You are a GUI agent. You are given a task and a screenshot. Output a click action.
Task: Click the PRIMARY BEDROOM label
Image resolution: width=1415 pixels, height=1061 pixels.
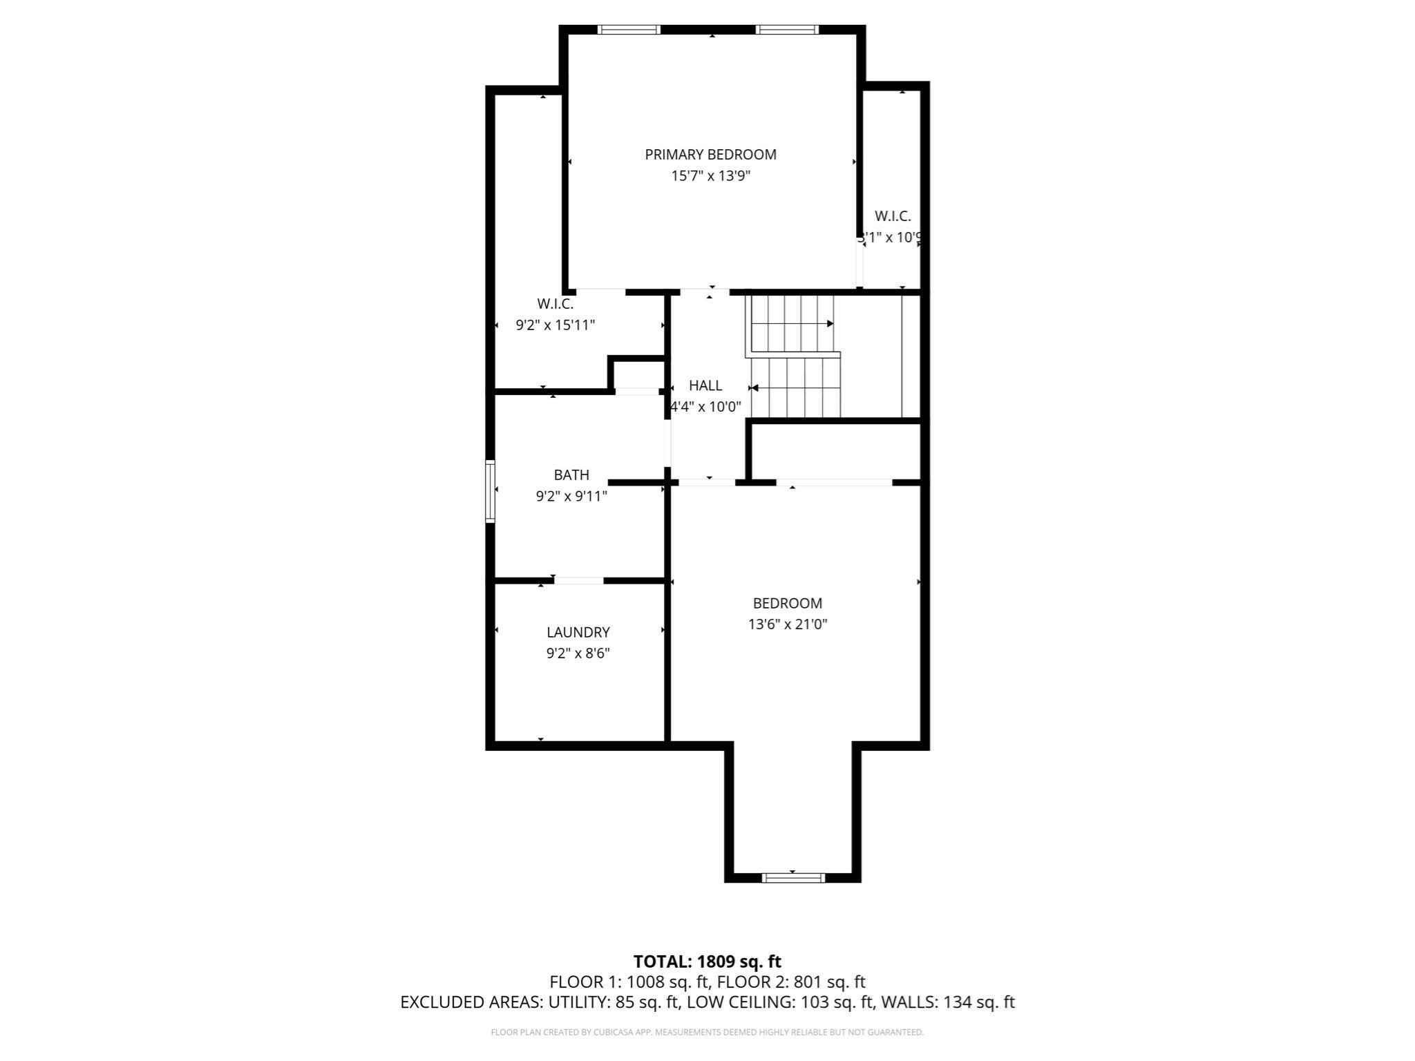[710, 155]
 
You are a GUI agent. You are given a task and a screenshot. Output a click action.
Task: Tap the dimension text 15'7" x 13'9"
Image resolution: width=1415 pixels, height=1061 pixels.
[710, 176]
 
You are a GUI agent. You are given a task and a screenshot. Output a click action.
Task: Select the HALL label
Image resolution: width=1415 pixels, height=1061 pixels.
[705, 385]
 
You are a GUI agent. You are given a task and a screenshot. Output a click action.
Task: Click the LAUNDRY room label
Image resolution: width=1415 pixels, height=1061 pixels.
[578, 632]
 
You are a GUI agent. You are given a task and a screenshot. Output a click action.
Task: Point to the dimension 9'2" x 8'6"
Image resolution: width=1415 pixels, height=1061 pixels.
[578, 653]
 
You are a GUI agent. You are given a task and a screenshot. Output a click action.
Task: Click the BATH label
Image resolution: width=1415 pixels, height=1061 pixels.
[571, 475]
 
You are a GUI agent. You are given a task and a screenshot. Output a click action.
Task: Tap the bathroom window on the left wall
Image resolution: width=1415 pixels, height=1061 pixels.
[491, 491]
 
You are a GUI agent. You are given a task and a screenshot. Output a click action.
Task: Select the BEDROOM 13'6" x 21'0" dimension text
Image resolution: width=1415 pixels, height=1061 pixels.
[788, 624]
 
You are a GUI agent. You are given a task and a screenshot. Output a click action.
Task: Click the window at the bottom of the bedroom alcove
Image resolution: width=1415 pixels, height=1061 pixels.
[793, 878]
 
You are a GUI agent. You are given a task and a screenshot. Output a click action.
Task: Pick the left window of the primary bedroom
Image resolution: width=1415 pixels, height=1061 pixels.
[629, 30]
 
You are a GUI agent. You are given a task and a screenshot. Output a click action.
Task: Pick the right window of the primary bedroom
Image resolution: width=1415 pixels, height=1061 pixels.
[787, 30]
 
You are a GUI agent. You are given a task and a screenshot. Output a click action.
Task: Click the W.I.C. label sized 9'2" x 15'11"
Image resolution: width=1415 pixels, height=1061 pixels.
[555, 304]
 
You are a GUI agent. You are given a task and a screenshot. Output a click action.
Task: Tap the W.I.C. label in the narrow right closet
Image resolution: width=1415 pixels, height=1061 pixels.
[893, 216]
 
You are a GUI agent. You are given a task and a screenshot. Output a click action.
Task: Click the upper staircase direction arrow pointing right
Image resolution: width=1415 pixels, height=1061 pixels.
[829, 323]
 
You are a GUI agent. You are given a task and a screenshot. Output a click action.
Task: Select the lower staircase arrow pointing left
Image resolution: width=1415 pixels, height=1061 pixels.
[754, 388]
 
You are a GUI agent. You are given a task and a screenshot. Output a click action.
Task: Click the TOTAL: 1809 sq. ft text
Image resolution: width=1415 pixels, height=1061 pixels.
[707, 962]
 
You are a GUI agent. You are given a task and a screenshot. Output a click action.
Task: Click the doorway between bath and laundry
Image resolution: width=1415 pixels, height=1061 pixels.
[579, 581]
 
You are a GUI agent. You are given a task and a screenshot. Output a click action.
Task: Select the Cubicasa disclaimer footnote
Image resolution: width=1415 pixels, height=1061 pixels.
[707, 1033]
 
